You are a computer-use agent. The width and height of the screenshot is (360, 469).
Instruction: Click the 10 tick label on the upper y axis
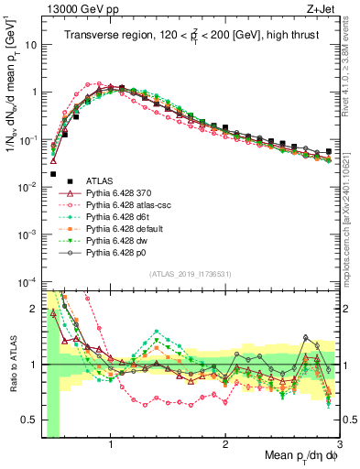click(27, 44)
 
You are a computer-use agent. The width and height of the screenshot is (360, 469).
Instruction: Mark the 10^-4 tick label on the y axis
click(24, 281)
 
